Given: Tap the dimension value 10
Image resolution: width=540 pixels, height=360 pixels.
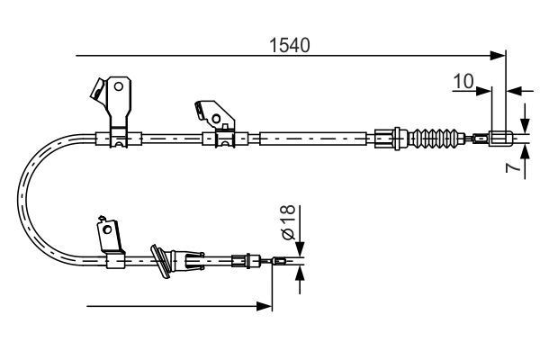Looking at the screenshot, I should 463,82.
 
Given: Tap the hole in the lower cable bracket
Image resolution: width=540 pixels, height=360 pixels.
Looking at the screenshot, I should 108,230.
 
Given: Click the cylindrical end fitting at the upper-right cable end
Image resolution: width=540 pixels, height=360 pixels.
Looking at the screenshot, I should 500,139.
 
